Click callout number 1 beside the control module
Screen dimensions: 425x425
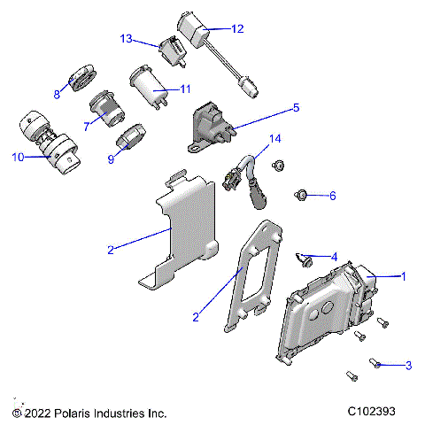405,276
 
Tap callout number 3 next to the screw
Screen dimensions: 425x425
408,365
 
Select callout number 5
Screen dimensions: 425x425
297,108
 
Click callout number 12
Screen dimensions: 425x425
237,28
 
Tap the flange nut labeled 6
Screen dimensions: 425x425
300,193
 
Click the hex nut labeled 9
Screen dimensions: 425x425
125,140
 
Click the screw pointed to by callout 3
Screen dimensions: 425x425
375,364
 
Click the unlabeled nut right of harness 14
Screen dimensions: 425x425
278,164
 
